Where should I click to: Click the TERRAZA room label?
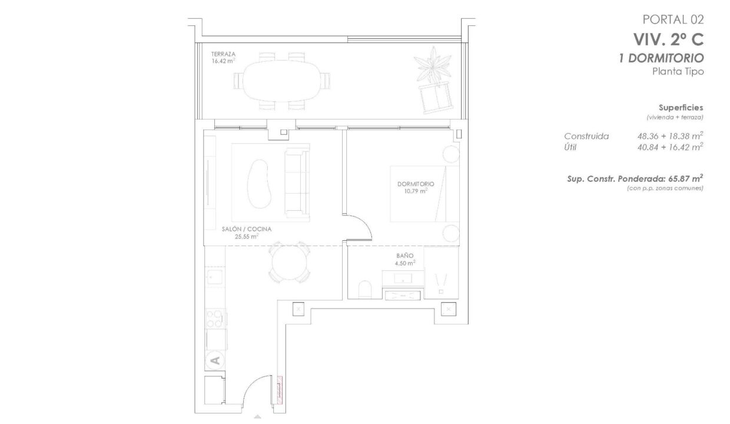pos(223,54)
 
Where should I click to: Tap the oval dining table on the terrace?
pos(282,81)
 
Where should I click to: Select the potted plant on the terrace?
pos(433,65)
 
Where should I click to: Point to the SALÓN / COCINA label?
pos(247,229)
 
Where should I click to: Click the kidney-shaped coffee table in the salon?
pos(260,184)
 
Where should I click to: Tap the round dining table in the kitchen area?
pos(290,262)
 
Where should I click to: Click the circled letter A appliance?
pos(215,360)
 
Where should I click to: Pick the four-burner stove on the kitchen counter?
pos(215,319)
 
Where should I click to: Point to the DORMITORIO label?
pos(416,184)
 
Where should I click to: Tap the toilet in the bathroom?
pos(365,290)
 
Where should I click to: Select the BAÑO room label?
pos(405,256)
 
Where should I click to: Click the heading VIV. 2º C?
pos(668,40)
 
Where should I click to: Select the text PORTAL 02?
pos(673,20)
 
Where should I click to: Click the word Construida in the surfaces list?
pos(586,136)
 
